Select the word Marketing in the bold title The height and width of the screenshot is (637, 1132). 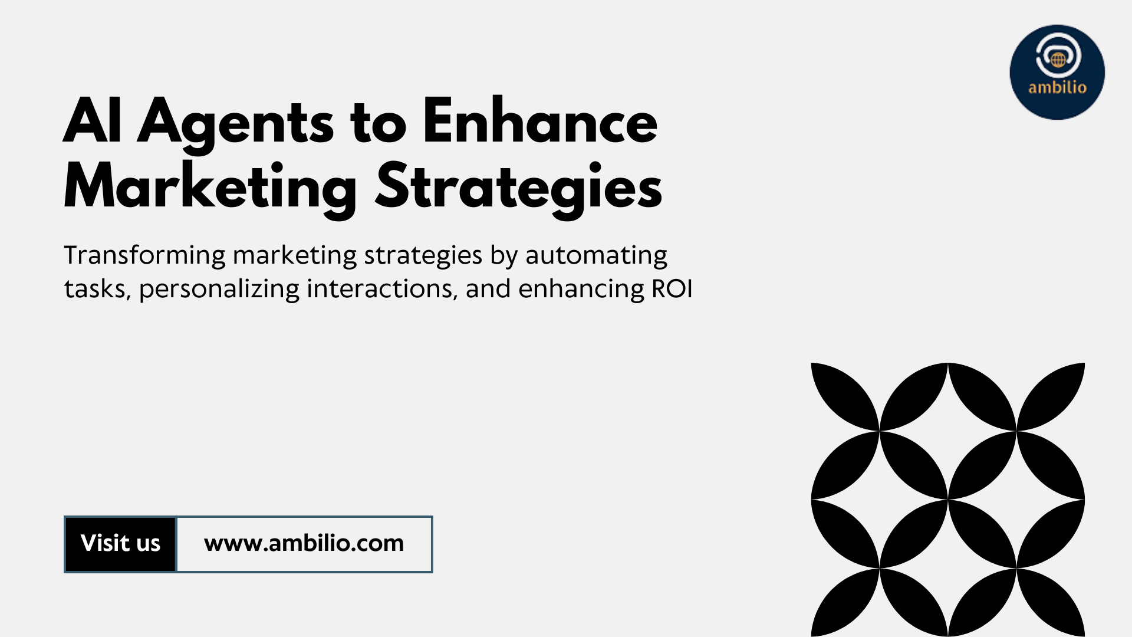[210, 188]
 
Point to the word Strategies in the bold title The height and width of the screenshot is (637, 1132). [519, 187]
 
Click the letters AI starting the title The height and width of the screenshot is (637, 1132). [93, 121]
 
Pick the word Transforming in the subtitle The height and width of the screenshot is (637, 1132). [144, 255]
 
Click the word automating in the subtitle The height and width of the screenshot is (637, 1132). [596, 255]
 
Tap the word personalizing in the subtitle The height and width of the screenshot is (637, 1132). [219, 290]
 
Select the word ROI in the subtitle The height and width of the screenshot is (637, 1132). [672, 288]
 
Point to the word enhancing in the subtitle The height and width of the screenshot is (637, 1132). [581, 290]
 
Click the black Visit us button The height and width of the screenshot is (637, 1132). [120, 544]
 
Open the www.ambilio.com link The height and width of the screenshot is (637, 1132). [304, 544]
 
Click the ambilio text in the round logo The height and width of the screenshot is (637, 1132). [1057, 87]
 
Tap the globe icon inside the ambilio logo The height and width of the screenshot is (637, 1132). [1058, 60]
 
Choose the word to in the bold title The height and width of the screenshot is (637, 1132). [379, 123]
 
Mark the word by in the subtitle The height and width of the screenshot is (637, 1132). [504, 255]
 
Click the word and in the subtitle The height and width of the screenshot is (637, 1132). [488, 288]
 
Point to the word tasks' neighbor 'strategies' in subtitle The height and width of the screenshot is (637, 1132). [423, 255]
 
